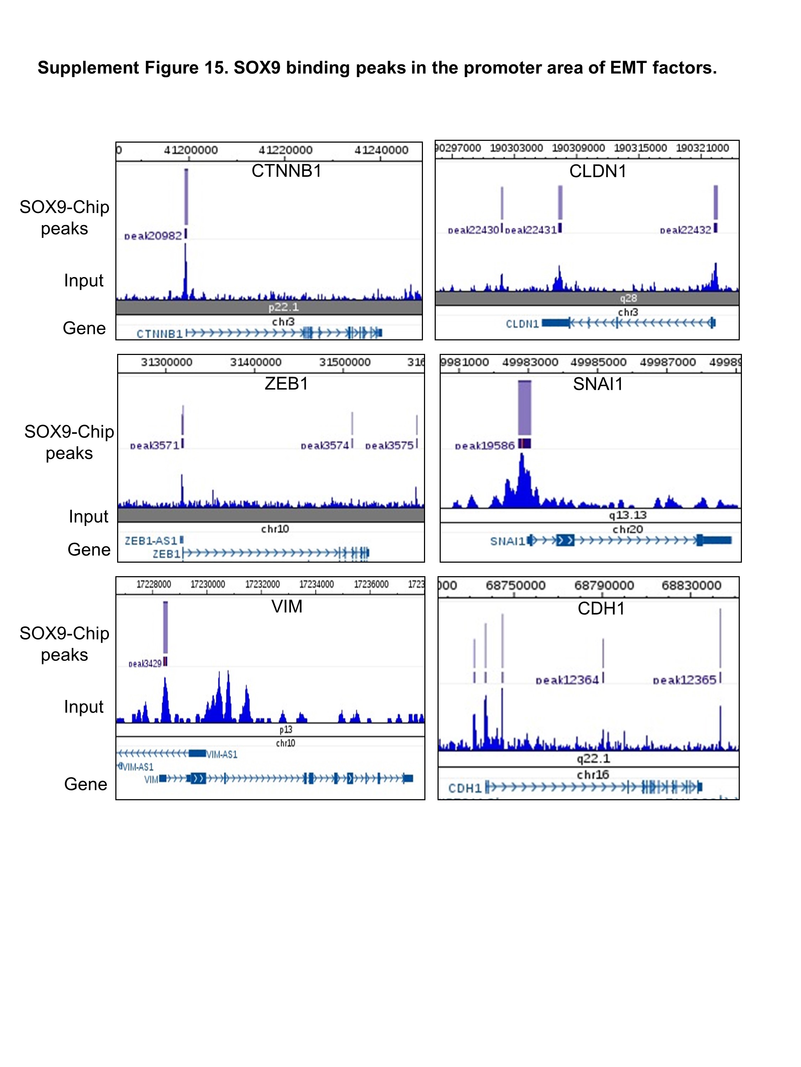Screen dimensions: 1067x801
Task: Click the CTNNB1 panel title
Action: coord(286,171)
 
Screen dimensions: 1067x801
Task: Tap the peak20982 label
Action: coord(153,236)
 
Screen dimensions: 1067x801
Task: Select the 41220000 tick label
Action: coord(286,150)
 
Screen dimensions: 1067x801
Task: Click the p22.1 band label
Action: coord(283,307)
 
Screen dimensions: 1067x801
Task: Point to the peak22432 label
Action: coord(685,230)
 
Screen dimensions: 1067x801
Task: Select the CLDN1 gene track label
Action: coord(522,324)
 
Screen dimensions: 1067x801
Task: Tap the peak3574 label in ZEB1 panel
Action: coord(324,445)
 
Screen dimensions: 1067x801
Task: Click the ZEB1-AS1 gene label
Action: coord(151,541)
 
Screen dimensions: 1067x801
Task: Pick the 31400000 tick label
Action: coord(255,362)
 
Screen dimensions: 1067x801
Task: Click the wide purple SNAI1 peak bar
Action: coord(524,408)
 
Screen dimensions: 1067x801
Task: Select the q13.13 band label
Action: coord(627,515)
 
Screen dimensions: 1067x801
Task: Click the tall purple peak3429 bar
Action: coord(166,627)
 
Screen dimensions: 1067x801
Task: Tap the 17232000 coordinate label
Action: coord(262,584)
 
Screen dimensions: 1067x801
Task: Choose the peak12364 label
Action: coord(567,680)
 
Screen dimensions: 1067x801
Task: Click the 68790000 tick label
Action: coord(603,585)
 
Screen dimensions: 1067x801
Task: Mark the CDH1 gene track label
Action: coord(465,788)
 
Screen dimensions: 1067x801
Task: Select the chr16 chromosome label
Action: coord(592,775)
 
